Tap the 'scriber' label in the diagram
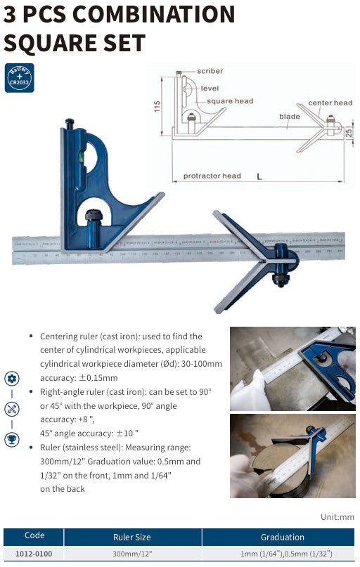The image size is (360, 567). (210, 72)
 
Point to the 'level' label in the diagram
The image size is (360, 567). (210, 89)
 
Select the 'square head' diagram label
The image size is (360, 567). (230, 101)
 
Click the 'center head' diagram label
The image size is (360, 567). (330, 103)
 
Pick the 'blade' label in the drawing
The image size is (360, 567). (289, 117)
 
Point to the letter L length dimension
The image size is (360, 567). (259, 177)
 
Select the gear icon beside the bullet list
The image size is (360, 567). (12, 378)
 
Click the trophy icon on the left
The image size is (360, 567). (12, 440)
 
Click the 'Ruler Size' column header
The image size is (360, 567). (132, 537)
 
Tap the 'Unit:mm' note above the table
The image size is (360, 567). (337, 517)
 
